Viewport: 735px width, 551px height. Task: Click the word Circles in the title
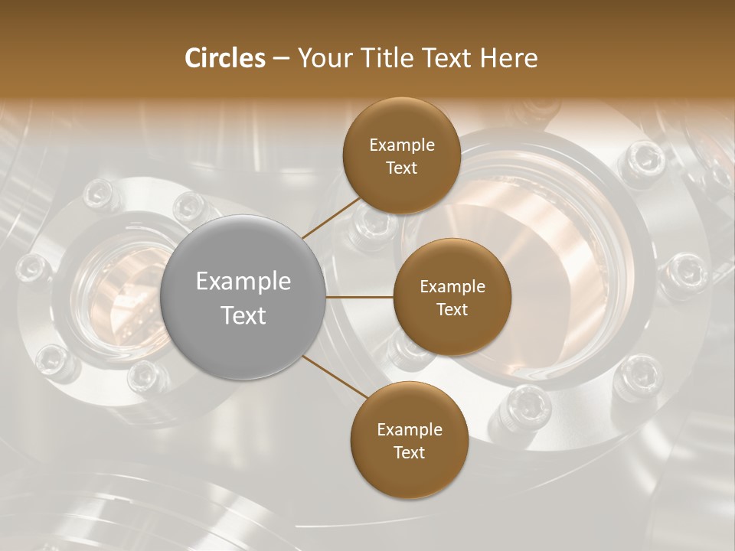tap(224, 58)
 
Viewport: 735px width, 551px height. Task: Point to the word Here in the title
tap(508, 58)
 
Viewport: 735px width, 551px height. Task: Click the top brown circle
tap(400, 184)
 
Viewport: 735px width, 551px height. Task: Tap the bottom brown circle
tap(409, 474)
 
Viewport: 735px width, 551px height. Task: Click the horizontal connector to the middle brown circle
tap(360, 297)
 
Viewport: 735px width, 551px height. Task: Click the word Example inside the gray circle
tap(243, 282)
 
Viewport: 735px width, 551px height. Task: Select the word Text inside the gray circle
tap(243, 315)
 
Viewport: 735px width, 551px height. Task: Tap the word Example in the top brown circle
tap(402, 145)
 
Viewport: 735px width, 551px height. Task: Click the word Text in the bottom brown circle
tap(409, 452)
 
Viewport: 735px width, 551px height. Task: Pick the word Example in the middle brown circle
tap(452, 287)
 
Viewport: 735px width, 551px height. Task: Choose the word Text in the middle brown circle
tap(452, 309)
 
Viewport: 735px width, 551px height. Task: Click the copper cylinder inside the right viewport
tap(536, 260)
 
